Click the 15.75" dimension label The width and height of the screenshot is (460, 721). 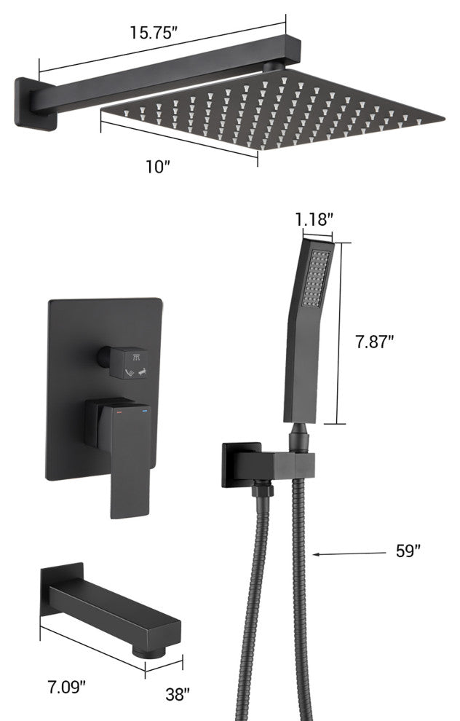(154, 33)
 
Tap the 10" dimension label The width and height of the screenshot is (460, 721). (158, 167)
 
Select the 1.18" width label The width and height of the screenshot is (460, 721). (314, 220)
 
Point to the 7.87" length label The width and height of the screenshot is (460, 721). (375, 342)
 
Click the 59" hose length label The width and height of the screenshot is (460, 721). (408, 551)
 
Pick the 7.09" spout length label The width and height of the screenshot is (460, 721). (67, 688)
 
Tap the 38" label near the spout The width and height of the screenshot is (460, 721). (178, 694)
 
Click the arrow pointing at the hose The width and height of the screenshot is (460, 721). (349, 553)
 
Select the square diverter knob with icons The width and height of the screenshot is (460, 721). (128, 363)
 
